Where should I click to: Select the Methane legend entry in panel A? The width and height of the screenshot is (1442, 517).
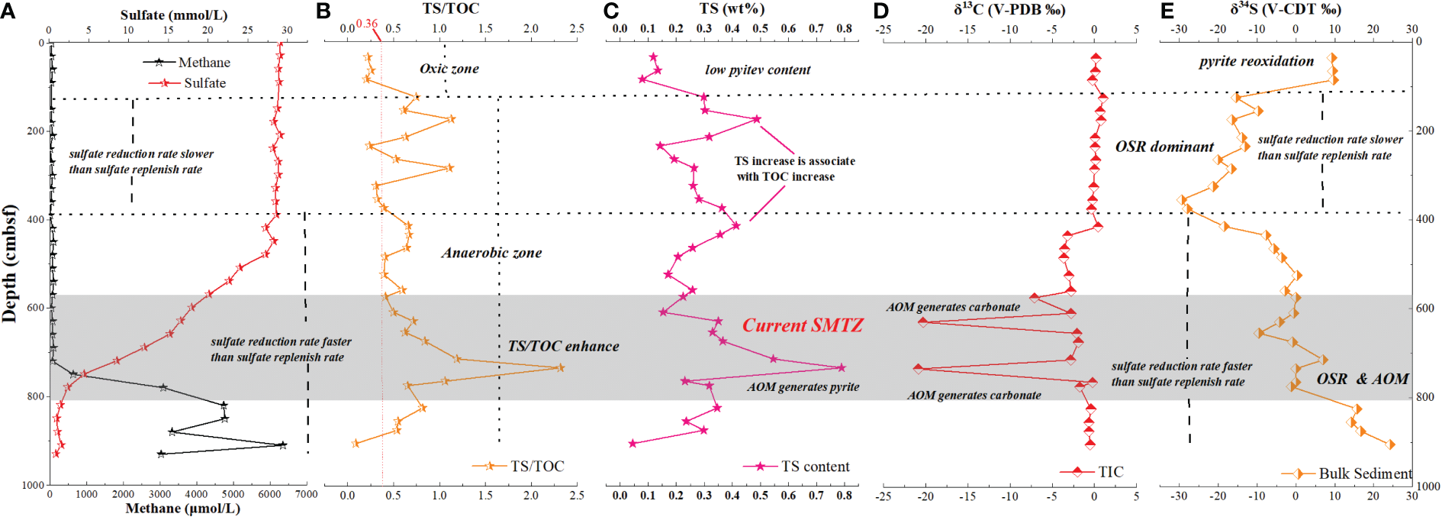click(x=187, y=63)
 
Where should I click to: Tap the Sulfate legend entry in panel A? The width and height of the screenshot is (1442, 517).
click(x=188, y=82)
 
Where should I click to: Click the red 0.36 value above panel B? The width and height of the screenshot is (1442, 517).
click(x=367, y=24)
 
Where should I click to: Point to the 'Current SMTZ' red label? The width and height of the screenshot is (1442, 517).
click(x=803, y=326)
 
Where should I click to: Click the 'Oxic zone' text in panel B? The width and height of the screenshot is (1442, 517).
click(x=449, y=69)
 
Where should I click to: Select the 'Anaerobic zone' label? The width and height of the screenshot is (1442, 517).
click(x=491, y=253)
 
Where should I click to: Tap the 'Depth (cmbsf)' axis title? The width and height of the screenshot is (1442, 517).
click(x=10, y=263)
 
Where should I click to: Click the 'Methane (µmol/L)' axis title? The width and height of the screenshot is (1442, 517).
click(x=182, y=508)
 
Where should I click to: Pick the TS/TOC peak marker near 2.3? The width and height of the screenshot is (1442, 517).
click(x=560, y=367)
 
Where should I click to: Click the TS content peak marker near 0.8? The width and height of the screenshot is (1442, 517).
click(x=842, y=367)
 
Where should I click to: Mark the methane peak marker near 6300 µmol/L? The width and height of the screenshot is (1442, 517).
click(x=282, y=444)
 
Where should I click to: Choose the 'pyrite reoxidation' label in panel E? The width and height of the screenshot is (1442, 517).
click(x=1256, y=61)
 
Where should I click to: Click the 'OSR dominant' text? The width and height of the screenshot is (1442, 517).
click(x=1164, y=147)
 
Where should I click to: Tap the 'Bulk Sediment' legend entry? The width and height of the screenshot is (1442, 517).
click(x=1347, y=473)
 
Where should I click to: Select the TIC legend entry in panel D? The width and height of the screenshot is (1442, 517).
click(x=1091, y=472)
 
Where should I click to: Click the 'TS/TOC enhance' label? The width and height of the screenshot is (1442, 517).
click(x=563, y=346)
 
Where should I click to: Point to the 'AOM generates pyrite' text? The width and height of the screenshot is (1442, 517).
click(x=803, y=387)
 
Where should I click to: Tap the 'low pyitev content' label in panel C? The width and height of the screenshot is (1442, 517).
click(x=758, y=70)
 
